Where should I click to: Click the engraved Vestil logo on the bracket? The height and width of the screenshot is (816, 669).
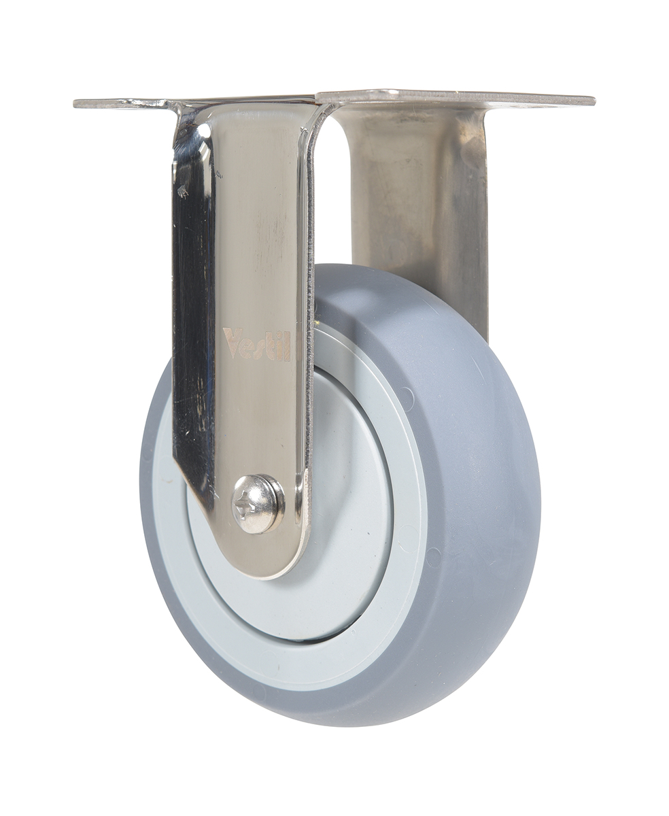point(256,344)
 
